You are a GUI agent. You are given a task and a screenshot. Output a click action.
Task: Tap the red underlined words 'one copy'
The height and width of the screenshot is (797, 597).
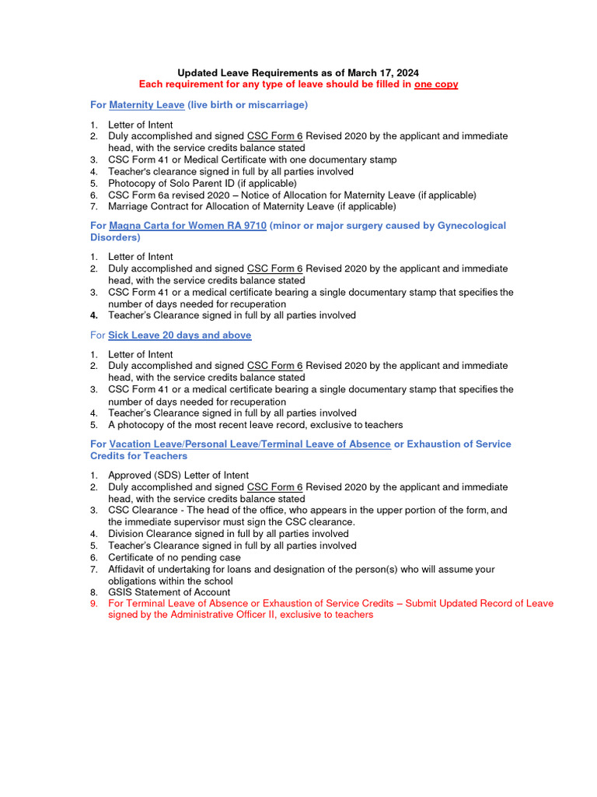[436, 84]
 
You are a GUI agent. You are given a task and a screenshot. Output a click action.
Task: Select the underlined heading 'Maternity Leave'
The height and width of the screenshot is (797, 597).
[147, 104]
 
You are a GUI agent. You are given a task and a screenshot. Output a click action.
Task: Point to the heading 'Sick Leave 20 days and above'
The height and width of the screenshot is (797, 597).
[180, 335]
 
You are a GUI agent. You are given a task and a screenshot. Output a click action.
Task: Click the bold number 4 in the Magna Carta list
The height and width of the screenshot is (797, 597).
[93, 316]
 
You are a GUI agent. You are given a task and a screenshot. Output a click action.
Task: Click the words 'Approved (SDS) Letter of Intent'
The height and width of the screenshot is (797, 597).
[178, 476]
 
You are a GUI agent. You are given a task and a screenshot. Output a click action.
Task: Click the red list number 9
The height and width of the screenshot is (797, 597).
[93, 603]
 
